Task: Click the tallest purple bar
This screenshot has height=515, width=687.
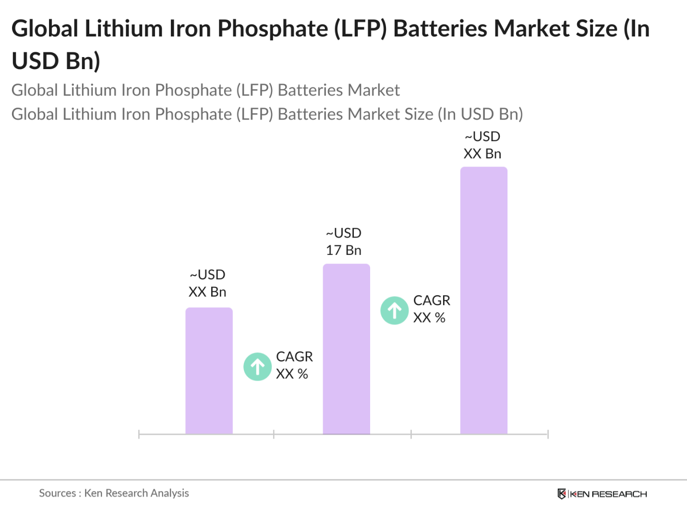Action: click(x=483, y=300)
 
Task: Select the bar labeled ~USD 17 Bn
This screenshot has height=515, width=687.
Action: click(x=346, y=349)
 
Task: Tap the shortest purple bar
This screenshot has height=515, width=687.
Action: click(x=209, y=371)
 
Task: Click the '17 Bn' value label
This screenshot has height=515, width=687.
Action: click(x=344, y=250)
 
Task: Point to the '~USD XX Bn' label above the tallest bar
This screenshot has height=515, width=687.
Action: click(x=482, y=145)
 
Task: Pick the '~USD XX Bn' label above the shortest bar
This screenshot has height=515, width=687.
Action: click(x=207, y=283)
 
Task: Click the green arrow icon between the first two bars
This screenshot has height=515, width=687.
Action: click(x=257, y=367)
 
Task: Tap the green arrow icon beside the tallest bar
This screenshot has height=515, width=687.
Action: click(x=394, y=311)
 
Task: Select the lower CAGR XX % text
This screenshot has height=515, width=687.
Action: click(x=294, y=365)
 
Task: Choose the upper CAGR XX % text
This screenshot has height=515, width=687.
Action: click(x=431, y=309)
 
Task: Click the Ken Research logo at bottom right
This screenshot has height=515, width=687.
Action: click(x=602, y=494)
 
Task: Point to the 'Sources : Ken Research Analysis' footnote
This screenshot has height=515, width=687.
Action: click(x=114, y=493)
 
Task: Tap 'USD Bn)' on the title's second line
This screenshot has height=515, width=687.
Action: click(x=56, y=61)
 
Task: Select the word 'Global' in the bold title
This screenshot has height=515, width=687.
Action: click(x=45, y=29)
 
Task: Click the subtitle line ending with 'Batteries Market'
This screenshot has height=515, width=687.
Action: click(x=205, y=90)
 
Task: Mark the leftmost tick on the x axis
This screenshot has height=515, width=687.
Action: click(x=139, y=434)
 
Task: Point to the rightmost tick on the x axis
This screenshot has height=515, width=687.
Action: click(x=548, y=434)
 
